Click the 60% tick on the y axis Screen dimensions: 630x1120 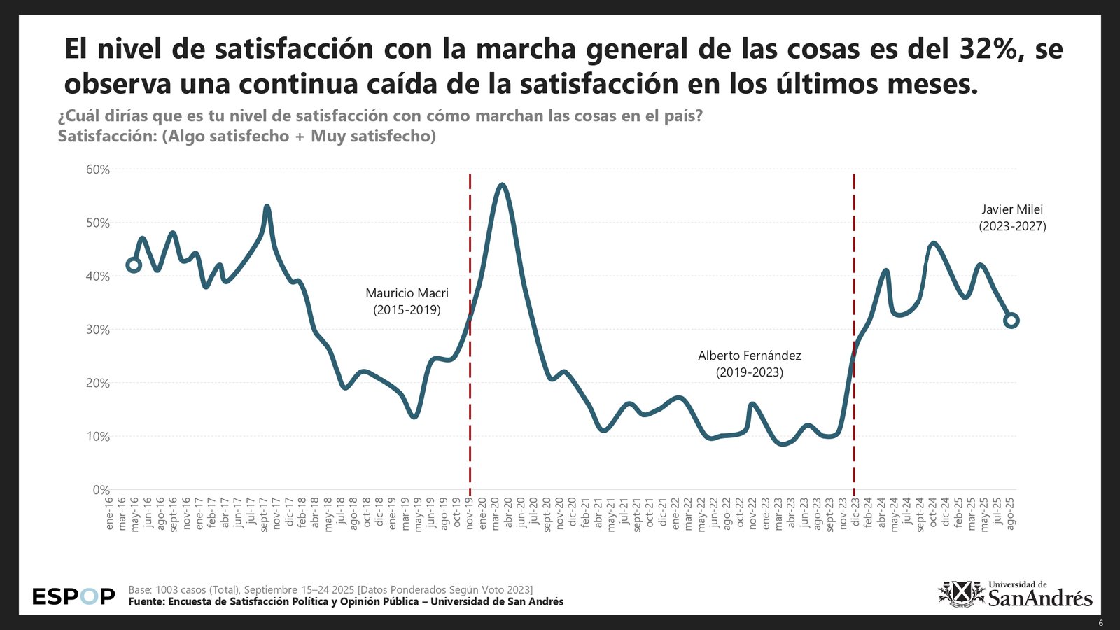[x=98, y=169]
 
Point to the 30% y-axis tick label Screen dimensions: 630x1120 [x=98, y=330]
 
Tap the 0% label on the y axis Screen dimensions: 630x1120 [x=101, y=490]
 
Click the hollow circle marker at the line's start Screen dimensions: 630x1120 [x=134, y=265]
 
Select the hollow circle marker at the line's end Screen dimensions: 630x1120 [x=1011, y=321]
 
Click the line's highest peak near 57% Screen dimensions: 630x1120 [x=502, y=185]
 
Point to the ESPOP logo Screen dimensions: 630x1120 [x=73, y=597]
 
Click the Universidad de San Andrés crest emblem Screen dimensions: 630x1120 [x=960, y=594]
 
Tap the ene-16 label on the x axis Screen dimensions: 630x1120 [x=109, y=513]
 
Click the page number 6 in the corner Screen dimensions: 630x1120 [x=1100, y=623]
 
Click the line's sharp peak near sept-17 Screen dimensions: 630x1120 [x=267, y=207]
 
